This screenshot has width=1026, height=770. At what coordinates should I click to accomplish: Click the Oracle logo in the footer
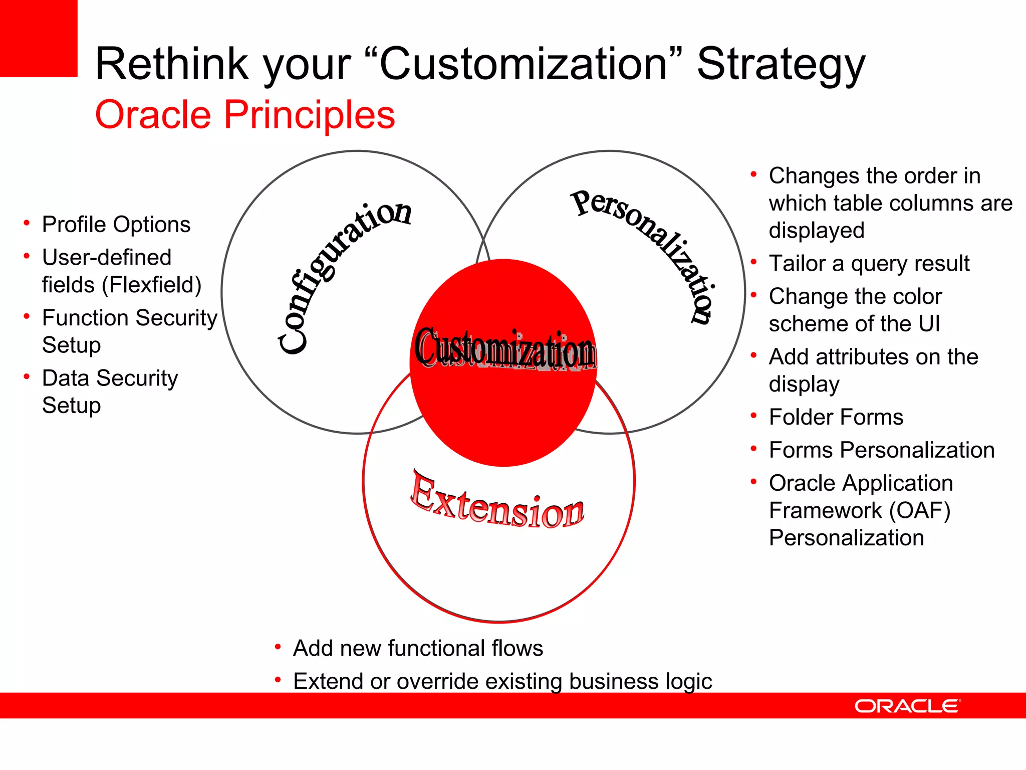coord(907,706)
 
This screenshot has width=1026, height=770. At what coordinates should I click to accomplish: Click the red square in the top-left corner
coord(38,38)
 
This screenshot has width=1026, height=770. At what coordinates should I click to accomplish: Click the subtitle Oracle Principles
coord(245,115)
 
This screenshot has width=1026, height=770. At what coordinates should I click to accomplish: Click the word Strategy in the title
coord(781,64)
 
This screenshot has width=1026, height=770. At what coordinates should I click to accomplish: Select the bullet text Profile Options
coord(116,225)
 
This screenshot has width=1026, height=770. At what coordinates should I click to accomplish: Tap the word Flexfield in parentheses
coord(151,285)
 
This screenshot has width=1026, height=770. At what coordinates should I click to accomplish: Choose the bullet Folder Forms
coord(836,417)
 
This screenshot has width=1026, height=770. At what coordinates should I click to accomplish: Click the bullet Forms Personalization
coord(881,450)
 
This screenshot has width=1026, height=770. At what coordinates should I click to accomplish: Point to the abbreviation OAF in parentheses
coord(919,511)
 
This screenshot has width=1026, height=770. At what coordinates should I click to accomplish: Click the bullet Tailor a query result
coord(869,264)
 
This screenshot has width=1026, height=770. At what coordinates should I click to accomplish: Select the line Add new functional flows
coord(418,648)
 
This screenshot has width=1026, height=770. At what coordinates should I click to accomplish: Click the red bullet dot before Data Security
coord(27,376)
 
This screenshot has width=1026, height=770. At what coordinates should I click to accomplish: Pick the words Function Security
coord(130,318)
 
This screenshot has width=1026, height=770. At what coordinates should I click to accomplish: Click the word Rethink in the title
coord(172,64)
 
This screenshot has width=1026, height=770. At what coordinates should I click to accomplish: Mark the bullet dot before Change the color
coord(753,295)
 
